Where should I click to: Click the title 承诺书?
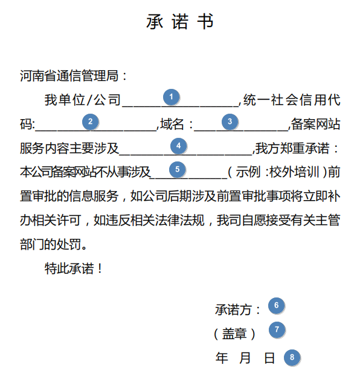pos(180,21)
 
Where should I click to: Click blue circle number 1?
pos(171,97)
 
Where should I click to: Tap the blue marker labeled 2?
pos(90,122)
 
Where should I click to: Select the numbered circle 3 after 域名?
pos(230,122)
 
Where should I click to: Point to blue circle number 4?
pos(178,146)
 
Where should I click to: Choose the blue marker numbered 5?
pos(177,169)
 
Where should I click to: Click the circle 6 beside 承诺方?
pos(277,305)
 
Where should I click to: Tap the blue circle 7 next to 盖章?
pos(277,329)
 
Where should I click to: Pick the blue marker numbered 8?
pos(292,357)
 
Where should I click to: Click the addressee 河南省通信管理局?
pos(69,76)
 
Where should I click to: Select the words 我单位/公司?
pos(83,100)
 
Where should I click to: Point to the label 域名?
pos(172,124)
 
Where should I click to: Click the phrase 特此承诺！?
pos(74,268)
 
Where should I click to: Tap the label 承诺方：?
pos(237,310)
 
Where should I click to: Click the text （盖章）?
pos(234,334)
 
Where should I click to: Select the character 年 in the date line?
pos(222,358)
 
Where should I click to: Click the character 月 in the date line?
pos(245,358)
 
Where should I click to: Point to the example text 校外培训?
pos(294,172)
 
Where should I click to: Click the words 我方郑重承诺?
pos(292,148)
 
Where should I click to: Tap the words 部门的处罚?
pos(51,244)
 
